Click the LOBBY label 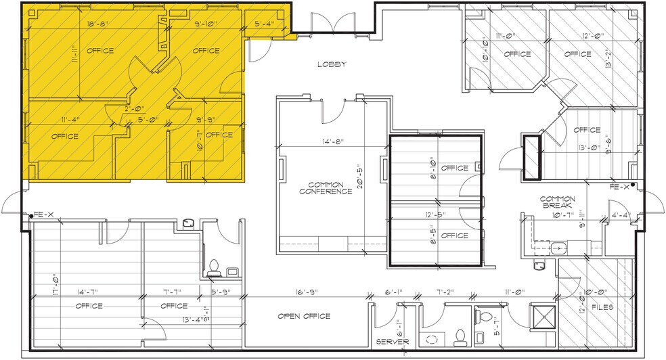[332, 65]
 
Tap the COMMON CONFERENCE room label [326, 187]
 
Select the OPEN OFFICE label [304, 316]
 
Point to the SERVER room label [393, 342]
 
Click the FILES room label [602, 307]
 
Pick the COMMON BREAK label [557, 202]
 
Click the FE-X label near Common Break [619, 186]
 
